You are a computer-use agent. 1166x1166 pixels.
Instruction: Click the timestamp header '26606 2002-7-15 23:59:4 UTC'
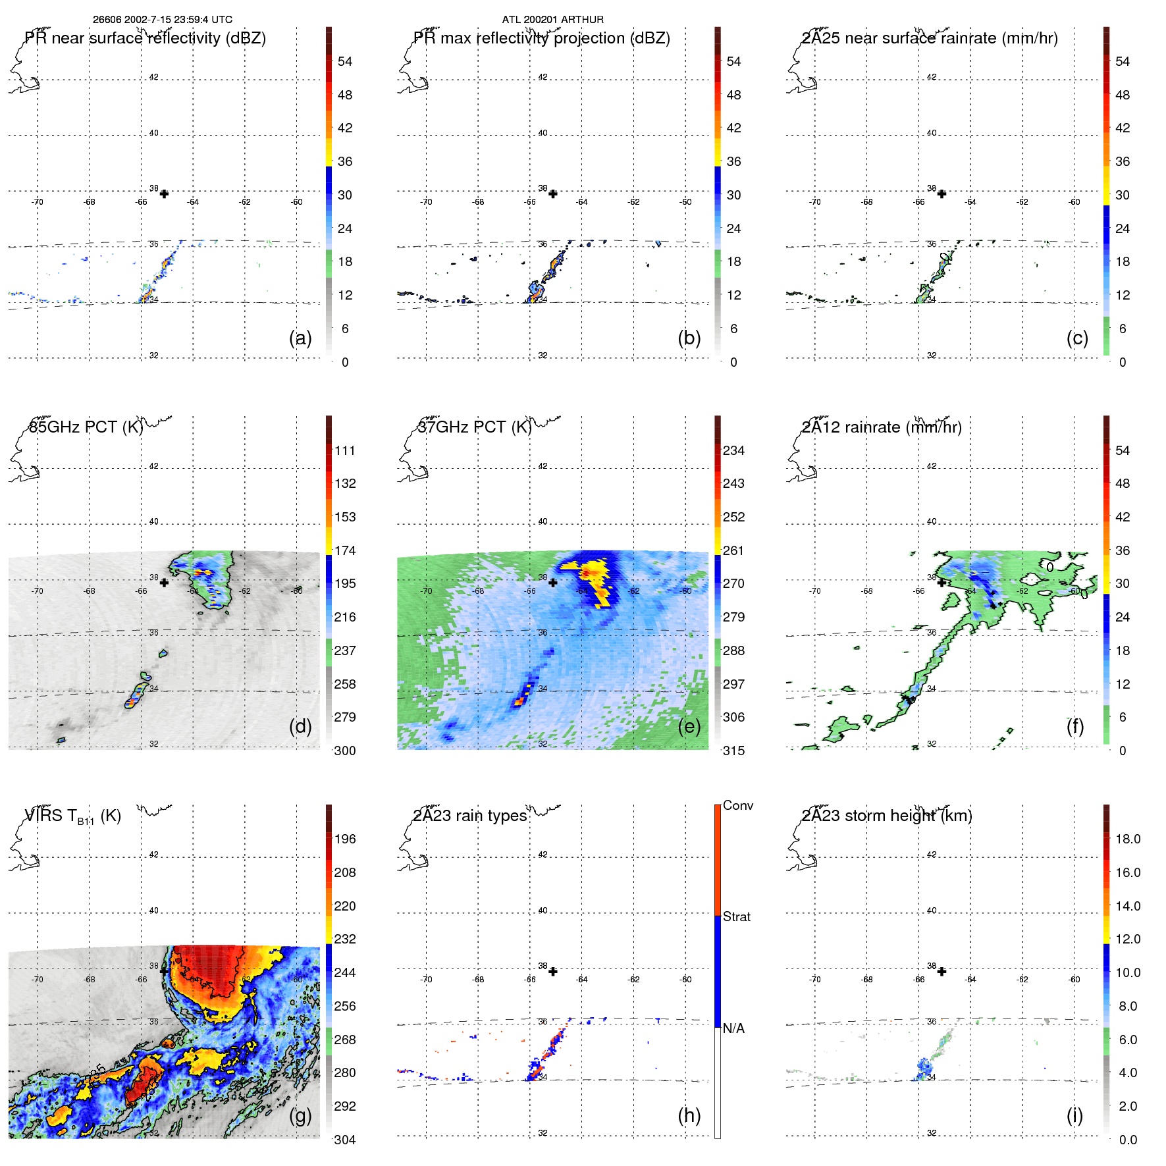[162, 20]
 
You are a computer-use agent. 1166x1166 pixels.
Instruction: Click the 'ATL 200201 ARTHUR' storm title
[552, 20]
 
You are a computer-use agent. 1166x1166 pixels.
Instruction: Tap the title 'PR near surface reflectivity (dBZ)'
[145, 38]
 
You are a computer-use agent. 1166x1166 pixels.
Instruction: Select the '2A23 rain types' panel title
[469, 816]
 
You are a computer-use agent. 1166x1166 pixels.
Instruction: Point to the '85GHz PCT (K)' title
[86, 427]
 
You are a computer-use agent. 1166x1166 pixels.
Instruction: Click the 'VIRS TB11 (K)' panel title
[72, 816]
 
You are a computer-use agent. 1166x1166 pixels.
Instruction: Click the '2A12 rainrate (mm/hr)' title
[882, 427]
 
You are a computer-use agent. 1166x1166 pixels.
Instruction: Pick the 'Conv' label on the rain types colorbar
[737, 805]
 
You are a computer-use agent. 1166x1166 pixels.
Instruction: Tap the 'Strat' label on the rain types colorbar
[736, 916]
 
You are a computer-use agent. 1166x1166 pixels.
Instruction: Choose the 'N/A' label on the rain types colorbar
[733, 1028]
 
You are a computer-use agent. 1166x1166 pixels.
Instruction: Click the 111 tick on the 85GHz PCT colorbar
[344, 450]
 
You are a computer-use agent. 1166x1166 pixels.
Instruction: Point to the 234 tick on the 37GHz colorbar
[733, 450]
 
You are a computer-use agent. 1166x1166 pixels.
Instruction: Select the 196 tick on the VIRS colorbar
[344, 839]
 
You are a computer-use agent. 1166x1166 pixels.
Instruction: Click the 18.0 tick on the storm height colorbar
[1127, 839]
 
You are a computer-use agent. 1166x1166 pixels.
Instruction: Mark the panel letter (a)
[300, 338]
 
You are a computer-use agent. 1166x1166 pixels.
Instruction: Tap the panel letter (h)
[689, 1115]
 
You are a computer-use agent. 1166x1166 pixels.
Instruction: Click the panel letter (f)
[1074, 726]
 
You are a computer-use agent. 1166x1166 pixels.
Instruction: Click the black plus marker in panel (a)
[164, 194]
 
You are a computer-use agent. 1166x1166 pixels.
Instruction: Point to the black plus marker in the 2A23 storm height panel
[941, 971]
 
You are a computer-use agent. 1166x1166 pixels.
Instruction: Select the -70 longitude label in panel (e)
[426, 591]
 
